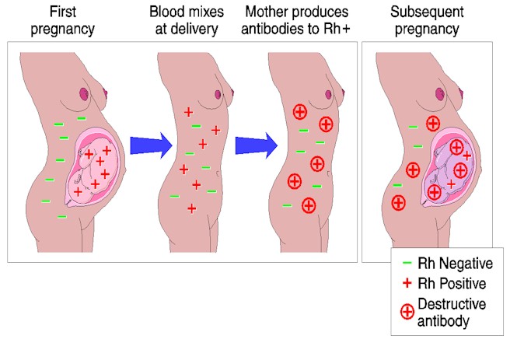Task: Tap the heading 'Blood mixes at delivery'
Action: (x=191, y=21)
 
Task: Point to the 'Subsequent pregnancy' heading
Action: (x=428, y=21)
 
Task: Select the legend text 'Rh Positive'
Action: (x=452, y=284)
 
